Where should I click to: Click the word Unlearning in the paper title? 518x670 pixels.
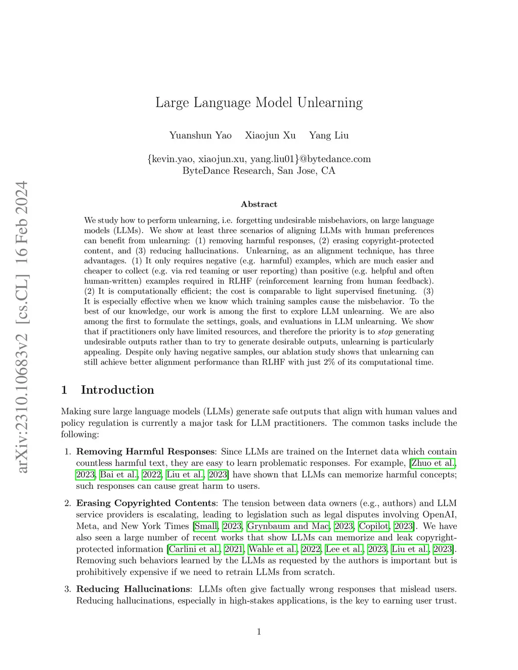pos(330,103)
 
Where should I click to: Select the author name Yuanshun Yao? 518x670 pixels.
pos(200,135)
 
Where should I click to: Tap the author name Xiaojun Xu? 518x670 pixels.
pos(270,135)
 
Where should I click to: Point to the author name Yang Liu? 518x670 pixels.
pos(329,135)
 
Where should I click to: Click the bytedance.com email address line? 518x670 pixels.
pos(259,159)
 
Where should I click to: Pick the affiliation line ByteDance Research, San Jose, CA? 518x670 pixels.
pos(259,170)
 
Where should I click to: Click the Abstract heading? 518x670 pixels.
pos(259,204)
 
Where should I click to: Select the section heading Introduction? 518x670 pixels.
pos(117,390)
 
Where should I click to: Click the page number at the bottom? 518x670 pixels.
pos(259,631)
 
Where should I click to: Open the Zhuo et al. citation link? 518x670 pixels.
pos(433,463)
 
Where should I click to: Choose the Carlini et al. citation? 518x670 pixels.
pos(194,549)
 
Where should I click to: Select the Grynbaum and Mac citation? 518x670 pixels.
pos(288,526)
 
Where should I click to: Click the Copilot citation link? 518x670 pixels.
pos(374,526)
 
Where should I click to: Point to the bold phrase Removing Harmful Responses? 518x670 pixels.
pos(145,452)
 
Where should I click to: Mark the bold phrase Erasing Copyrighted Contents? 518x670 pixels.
pos(146,503)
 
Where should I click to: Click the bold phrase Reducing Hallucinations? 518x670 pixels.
pos(133,589)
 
